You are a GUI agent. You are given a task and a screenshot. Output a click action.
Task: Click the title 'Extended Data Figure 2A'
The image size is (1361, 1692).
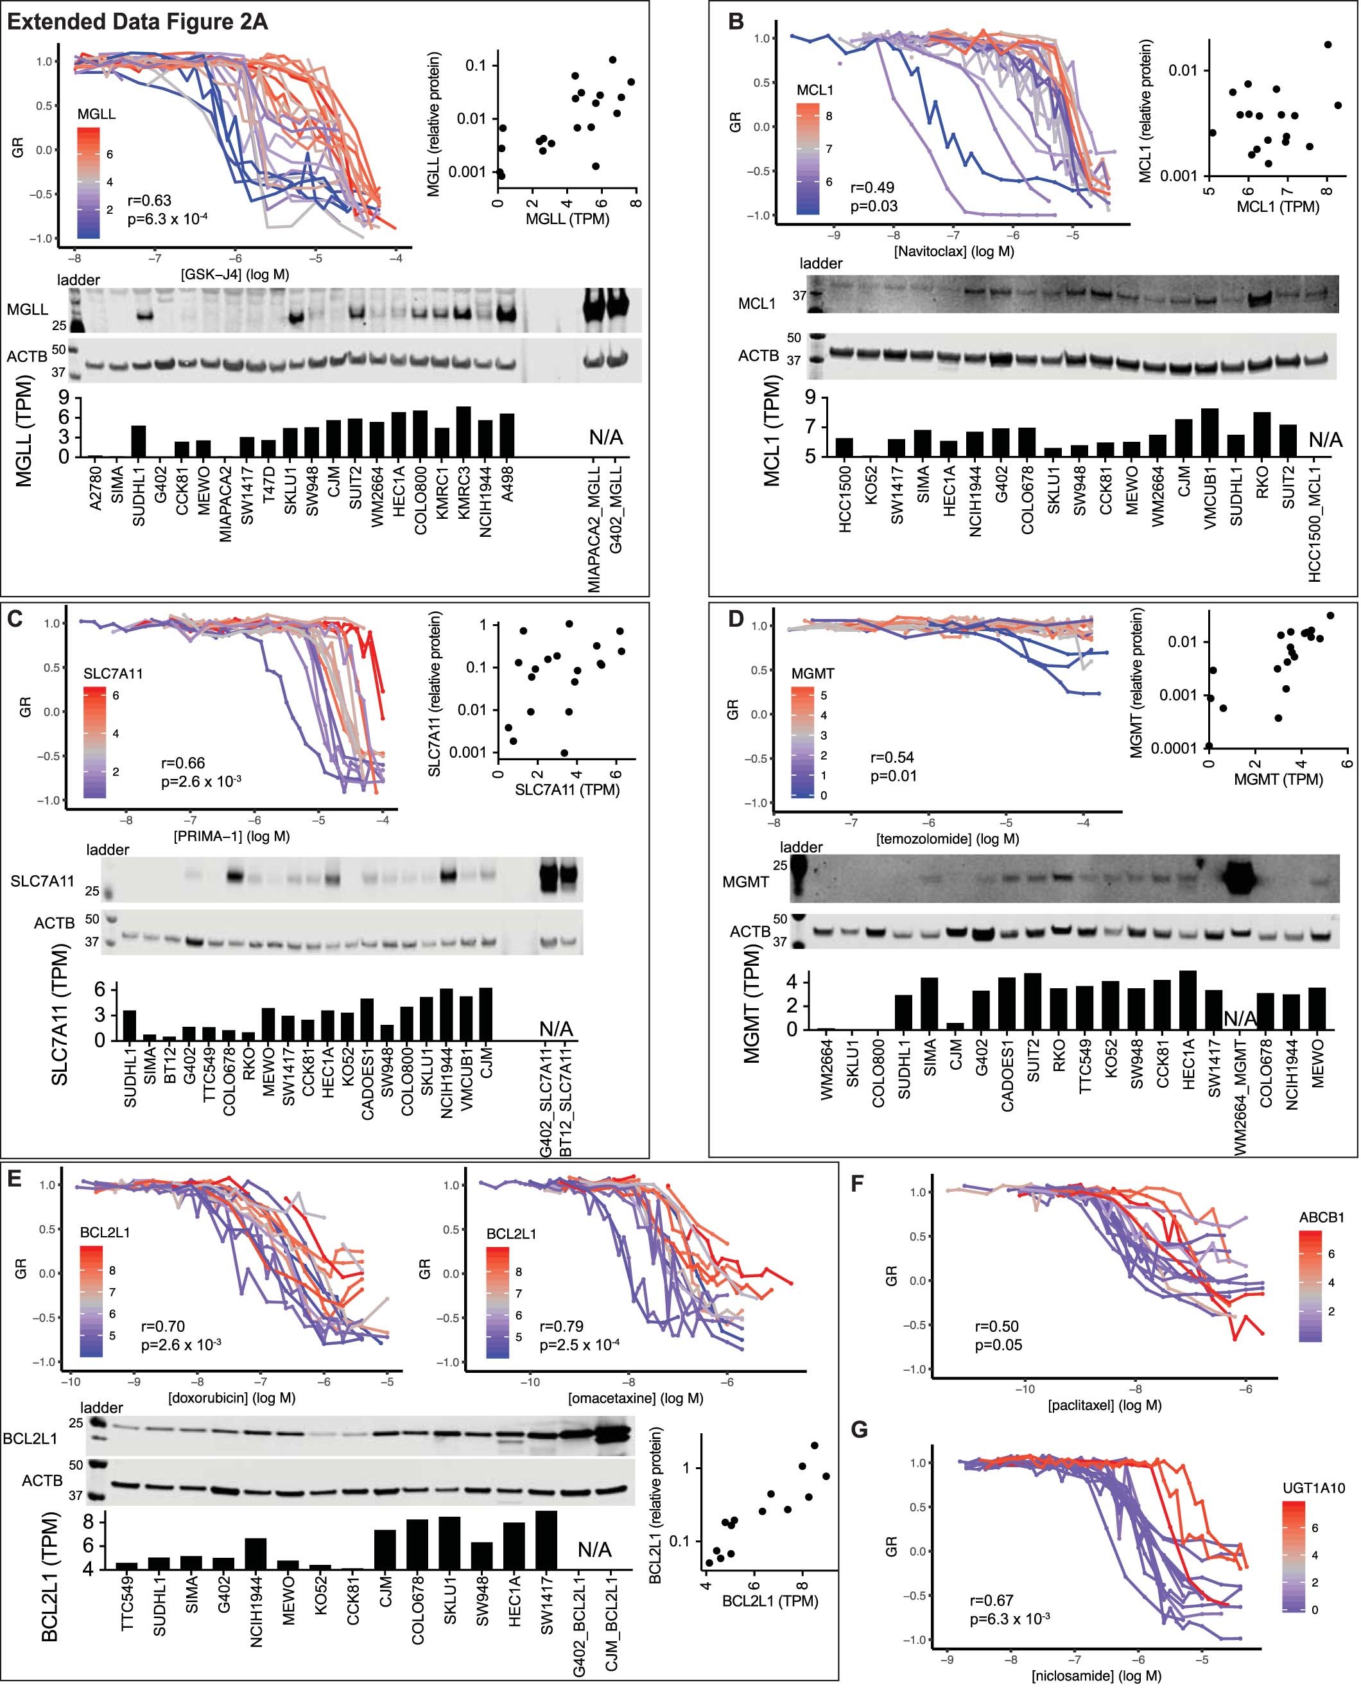(137, 21)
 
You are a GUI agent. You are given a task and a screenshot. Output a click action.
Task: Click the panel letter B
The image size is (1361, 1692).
(736, 21)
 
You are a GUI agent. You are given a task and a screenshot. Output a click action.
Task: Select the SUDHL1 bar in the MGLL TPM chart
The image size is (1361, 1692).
(139, 441)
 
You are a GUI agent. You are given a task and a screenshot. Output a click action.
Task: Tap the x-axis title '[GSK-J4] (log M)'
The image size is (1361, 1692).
(236, 274)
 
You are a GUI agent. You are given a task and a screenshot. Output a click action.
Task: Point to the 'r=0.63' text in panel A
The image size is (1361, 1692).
(149, 200)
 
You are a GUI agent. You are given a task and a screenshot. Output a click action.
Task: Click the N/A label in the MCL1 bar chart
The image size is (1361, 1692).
(1325, 439)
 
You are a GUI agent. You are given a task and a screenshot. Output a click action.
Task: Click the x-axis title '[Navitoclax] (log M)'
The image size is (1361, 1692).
(953, 251)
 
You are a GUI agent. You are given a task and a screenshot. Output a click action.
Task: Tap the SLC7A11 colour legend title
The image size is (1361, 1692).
(113, 674)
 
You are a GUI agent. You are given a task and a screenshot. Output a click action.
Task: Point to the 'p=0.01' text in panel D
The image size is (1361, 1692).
(894, 776)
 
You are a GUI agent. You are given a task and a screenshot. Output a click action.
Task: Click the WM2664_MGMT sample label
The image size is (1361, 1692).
(1240, 1097)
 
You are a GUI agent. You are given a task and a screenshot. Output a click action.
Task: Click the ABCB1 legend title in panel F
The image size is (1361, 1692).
(1321, 1217)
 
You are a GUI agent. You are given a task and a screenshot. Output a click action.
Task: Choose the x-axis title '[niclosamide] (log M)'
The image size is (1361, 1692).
(1096, 1675)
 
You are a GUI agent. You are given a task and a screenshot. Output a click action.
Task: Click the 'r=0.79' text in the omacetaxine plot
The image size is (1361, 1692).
(561, 1325)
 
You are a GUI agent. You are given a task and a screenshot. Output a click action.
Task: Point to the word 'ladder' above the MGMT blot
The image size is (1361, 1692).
(801, 847)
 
